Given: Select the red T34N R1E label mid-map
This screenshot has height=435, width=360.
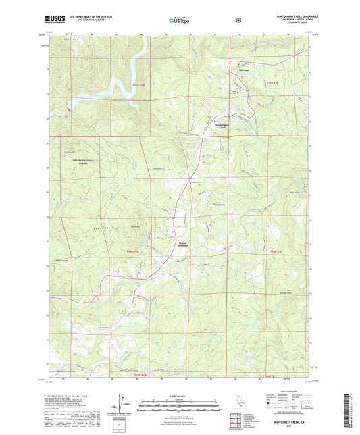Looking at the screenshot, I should point(274,251).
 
